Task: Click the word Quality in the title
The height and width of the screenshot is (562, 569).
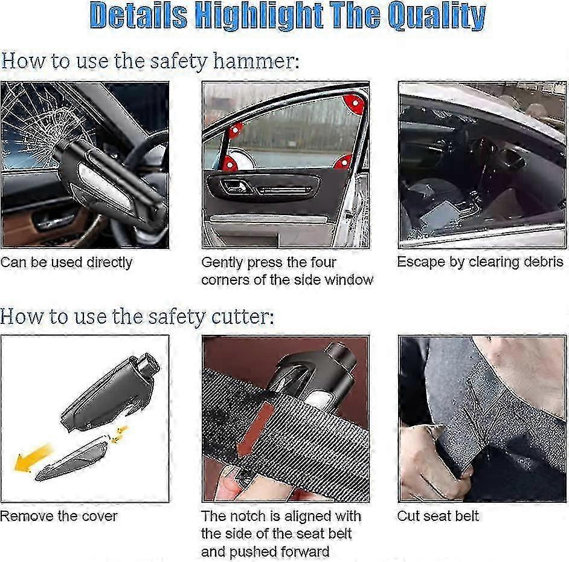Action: (x=436, y=17)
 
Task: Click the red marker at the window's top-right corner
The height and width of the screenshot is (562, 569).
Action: (x=355, y=103)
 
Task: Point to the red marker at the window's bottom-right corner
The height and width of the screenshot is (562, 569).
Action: (x=343, y=161)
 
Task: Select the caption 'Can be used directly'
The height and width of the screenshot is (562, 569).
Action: (x=66, y=262)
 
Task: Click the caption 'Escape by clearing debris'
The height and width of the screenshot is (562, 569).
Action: (x=480, y=262)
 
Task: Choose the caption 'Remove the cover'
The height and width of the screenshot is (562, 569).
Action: (x=59, y=516)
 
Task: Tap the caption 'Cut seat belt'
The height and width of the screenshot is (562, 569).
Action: (x=437, y=516)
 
